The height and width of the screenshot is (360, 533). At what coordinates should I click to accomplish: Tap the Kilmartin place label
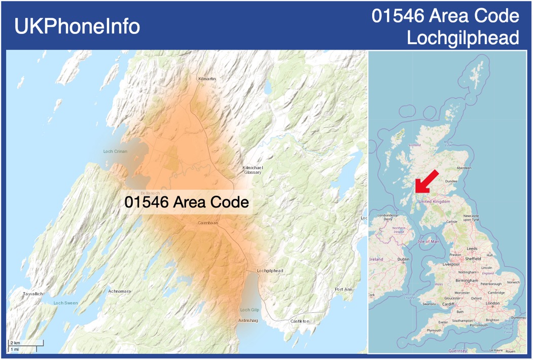207,79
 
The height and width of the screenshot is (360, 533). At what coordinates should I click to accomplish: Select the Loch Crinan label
115,151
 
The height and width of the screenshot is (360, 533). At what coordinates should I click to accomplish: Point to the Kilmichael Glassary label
252,170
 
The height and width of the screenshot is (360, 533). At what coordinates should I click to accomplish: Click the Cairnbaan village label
208,223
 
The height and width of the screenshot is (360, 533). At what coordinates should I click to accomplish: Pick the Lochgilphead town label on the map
270,271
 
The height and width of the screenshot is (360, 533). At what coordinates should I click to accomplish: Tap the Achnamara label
120,291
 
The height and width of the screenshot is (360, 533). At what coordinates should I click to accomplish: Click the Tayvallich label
33,294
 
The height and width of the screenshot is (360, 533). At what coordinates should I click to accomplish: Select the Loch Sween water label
66,303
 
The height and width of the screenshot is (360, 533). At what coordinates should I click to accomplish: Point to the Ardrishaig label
248,320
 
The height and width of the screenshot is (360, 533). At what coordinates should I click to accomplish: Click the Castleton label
300,321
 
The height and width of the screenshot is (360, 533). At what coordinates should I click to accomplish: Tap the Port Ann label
343,290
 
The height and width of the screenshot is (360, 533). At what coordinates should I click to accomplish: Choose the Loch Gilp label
250,310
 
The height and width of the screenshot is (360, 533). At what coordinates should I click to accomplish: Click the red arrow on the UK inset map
426,181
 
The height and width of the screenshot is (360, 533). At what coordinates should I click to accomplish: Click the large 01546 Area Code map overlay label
187,202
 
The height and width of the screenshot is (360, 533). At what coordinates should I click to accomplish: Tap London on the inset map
493,303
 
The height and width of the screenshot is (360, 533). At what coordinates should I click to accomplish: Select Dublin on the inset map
404,260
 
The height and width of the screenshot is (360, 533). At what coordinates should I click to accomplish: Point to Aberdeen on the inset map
464,167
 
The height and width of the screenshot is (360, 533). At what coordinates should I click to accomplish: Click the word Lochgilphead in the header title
463,38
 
